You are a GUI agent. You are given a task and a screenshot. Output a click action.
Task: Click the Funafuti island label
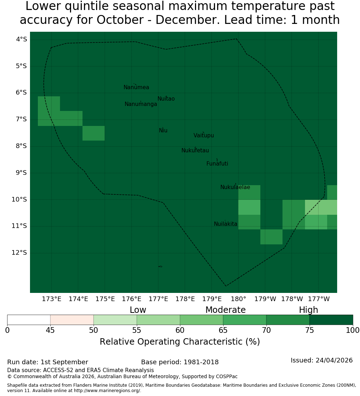pyautogui.click(x=217, y=164)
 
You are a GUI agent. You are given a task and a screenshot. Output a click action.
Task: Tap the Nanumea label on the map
pyautogui.click(x=136, y=87)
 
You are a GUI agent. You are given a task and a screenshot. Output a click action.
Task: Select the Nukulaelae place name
pyautogui.click(x=235, y=187)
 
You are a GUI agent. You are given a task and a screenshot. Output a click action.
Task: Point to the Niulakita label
pyautogui.click(x=225, y=224)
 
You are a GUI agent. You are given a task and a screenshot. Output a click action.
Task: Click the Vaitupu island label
pyautogui.click(x=204, y=136)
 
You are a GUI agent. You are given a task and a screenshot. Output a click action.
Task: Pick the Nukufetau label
pyautogui.click(x=195, y=151)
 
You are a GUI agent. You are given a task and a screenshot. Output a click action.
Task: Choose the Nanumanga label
pyautogui.click(x=141, y=104)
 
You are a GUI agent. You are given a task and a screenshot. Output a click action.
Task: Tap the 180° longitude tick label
pyautogui.click(x=239, y=299)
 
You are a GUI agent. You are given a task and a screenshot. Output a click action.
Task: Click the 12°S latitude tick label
pyautogui.click(x=19, y=253)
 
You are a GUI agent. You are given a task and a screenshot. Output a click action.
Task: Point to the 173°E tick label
pyautogui.click(x=51, y=299)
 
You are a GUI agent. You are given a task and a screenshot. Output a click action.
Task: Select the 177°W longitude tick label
pyautogui.click(x=319, y=299)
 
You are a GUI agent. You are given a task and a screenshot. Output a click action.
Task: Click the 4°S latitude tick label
pyautogui.click(x=21, y=39)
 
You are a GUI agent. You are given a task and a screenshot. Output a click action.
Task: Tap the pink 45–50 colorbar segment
pyautogui.click(x=72, y=320)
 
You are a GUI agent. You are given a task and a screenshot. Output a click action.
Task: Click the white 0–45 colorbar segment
pyautogui.click(x=29, y=320)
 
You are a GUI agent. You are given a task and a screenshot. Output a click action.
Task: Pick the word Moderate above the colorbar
pyautogui.click(x=225, y=310)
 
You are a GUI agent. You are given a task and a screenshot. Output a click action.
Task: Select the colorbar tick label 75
pyautogui.click(x=309, y=330)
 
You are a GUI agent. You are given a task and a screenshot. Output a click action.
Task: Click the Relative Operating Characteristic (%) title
pyautogui.click(x=180, y=342)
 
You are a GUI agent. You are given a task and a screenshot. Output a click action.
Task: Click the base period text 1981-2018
pyautogui.click(x=201, y=362)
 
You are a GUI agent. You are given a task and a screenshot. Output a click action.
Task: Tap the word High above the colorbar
pyautogui.click(x=309, y=310)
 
